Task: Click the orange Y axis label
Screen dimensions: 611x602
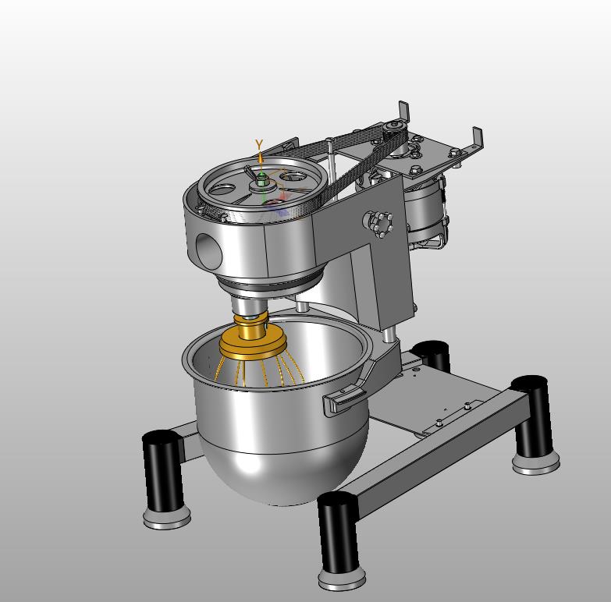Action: (x=259, y=144)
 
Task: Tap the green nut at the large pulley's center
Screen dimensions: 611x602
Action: (x=262, y=178)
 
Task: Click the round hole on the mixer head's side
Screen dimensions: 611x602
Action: (x=208, y=251)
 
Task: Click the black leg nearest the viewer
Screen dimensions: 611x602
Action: (x=338, y=533)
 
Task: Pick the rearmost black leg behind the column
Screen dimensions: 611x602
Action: (x=433, y=355)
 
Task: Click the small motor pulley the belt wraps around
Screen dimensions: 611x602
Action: (x=394, y=129)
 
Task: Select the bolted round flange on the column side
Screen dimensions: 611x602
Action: (x=378, y=224)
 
